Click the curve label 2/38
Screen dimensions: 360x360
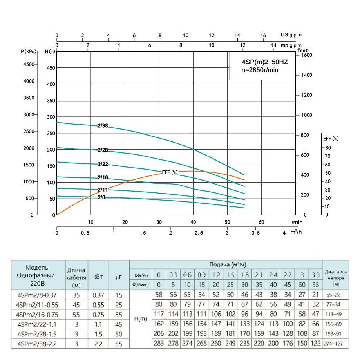103,126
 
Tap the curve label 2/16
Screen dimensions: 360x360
103,177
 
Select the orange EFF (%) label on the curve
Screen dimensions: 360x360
170,172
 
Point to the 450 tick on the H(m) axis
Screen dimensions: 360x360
51,68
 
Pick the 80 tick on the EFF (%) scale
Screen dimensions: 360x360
328,148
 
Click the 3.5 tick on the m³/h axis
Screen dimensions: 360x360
255,233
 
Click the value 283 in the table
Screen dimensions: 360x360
159,344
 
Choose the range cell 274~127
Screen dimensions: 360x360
335,344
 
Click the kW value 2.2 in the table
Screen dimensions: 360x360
98,344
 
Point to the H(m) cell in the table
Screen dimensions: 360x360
140,319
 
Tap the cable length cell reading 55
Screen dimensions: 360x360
76,315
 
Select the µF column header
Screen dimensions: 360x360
119,276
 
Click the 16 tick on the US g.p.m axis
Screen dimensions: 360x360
263,35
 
